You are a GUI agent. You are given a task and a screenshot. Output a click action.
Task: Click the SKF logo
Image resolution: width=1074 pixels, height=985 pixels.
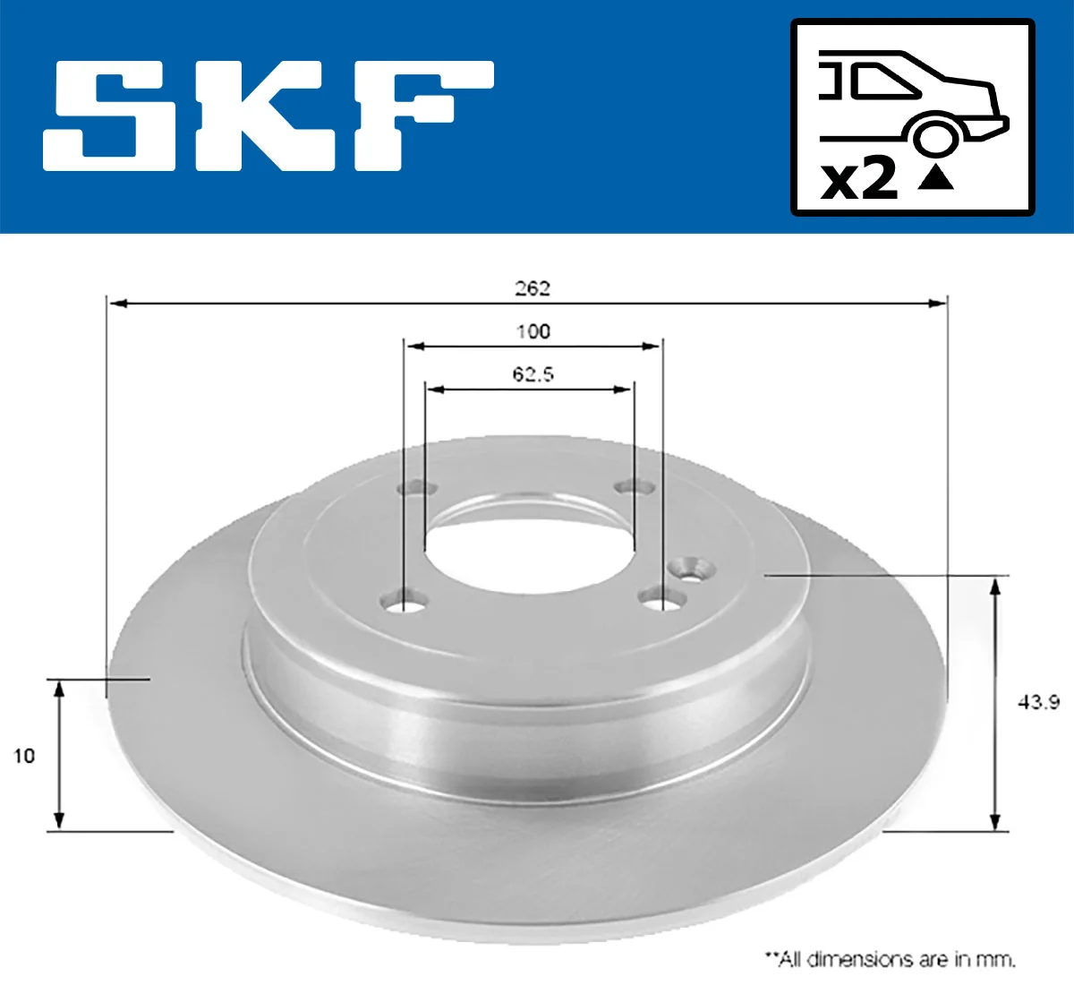click(x=268, y=116)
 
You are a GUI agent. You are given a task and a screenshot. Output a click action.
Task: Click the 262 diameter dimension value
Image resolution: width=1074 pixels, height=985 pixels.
click(x=532, y=288)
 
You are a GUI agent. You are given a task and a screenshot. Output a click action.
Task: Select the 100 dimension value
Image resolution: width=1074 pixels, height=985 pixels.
click(x=533, y=331)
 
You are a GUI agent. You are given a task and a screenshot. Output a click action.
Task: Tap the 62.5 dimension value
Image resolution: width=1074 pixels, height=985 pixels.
click(x=533, y=373)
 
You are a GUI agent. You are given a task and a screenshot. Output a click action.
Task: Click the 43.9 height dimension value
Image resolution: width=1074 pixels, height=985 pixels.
click(x=1038, y=702)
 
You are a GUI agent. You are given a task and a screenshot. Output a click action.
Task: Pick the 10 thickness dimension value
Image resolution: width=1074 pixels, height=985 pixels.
click(x=24, y=756)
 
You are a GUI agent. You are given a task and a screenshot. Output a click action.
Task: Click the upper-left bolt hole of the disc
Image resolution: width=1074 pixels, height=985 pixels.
click(x=416, y=489)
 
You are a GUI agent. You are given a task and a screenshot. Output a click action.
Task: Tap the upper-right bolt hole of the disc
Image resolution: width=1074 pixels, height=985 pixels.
click(x=636, y=487)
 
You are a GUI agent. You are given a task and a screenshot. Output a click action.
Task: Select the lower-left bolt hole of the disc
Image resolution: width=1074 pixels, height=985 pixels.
click(x=403, y=601)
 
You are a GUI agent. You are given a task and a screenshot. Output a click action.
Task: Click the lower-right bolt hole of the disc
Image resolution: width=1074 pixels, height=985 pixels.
click(x=662, y=597)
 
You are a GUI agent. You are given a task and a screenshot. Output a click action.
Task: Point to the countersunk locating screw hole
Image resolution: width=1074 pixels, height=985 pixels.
click(x=691, y=567)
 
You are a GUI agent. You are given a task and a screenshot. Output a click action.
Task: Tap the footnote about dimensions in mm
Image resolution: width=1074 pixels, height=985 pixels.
click(x=890, y=959)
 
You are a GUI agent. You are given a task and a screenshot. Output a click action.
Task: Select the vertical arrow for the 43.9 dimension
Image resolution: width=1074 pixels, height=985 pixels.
click(x=994, y=704)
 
